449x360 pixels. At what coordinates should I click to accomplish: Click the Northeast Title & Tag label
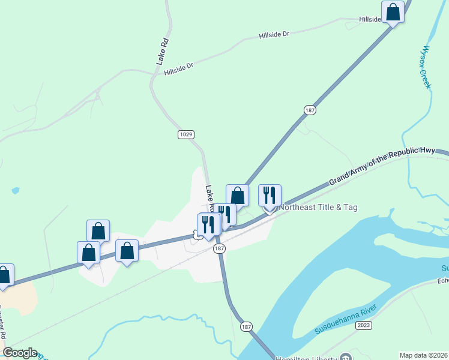click(x=318, y=207)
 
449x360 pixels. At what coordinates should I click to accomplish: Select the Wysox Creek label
click(x=427, y=67)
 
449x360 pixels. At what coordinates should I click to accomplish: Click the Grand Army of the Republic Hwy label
click(x=389, y=166)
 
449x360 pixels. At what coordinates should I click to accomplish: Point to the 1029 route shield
click(x=185, y=134)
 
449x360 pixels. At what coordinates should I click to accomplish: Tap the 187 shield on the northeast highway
click(x=310, y=110)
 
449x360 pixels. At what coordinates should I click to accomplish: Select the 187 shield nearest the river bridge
click(x=246, y=326)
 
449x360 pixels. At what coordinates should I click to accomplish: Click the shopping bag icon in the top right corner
click(x=393, y=12)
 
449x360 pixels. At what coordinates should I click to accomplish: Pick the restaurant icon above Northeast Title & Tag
click(x=270, y=195)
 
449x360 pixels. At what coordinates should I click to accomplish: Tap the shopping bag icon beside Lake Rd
click(x=238, y=196)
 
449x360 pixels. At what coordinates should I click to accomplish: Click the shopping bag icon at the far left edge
click(x=4, y=275)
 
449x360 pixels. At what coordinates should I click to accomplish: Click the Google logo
click(x=20, y=353)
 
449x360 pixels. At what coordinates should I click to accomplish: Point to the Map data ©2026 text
click(x=424, y=355)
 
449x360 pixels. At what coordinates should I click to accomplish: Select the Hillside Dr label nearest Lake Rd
click(x=179, y=69)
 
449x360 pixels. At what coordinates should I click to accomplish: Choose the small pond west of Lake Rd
click(x=15, y=191)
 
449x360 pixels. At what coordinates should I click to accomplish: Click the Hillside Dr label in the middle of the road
click(x=274, y=35)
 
